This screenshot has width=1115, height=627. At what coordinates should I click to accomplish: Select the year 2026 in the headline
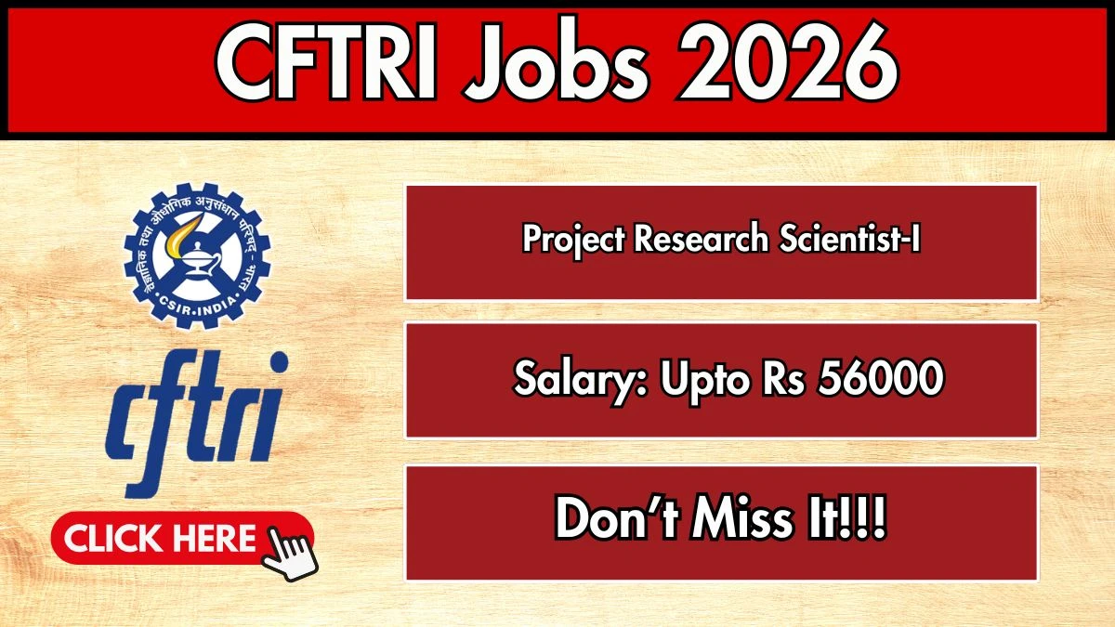pyautogui.click(x=788, y=61)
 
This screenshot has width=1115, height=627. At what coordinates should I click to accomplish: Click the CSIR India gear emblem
pyautogui.click(x=197, y=255)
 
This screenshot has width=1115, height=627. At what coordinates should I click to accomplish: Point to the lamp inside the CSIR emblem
pyautogui.click(x=199, y=260)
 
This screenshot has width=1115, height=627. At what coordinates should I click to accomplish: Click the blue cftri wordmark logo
pyautogui.click(x=197, y=424)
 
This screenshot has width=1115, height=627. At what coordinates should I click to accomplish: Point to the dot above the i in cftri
pyautogui.click(x=279, y=361)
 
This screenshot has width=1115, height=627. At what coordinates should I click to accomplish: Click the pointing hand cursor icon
pyautogui.click(x=290, y=554)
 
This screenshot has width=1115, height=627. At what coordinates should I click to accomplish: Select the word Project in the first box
pyautogui.click(x=573, y=240)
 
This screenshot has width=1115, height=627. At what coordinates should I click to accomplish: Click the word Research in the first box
pyautogui.click(x=702, y=239)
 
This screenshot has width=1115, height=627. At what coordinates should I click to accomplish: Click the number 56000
pyautogui.click(x=881, y=378)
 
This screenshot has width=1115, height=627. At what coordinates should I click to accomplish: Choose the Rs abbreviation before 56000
pyautogui.click(x=783, y=379)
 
